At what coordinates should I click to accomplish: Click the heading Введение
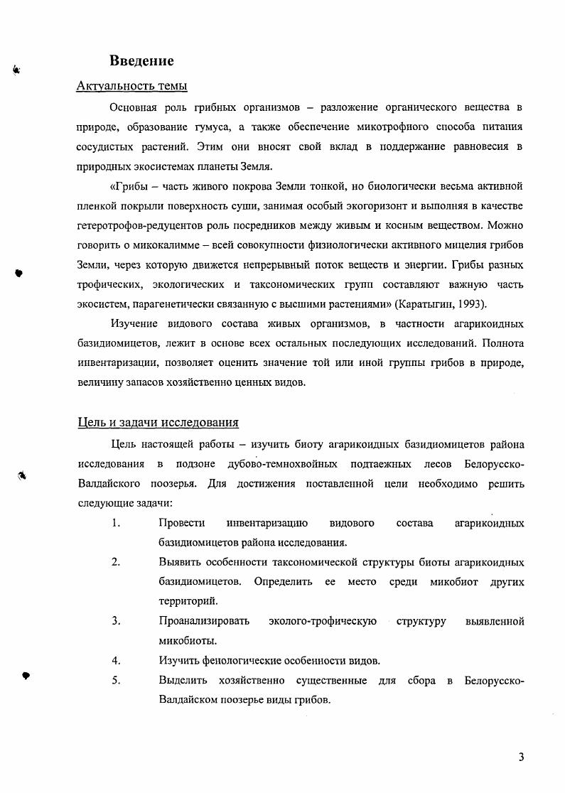pyautogui.click(x=141, y=61)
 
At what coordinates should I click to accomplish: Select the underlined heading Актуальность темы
pyautogui.click(x=131, y=87)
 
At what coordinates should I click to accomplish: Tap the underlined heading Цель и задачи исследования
pyautogui.click(x=158, y=423)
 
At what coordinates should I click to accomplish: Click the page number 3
pyautogui.click(x=521, y=757)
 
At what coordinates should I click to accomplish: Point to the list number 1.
pyautogui.click(x=114, y=524)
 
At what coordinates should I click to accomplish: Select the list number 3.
pyautogui.click(x=114, y=621)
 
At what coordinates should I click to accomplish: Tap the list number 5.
pyautogui.click(x=114, y=681)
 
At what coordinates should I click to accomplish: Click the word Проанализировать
pyautogui.click(x=204, y=621)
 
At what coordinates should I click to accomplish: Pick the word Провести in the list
pyautogui.click(x=182, y=524)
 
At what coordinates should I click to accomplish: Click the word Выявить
pyautogui.click(x=180, y=562)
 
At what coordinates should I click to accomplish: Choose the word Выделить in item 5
pyautogui.click(x=182, y=681)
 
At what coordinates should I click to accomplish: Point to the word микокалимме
pyautogui.click(x=171, y=245)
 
